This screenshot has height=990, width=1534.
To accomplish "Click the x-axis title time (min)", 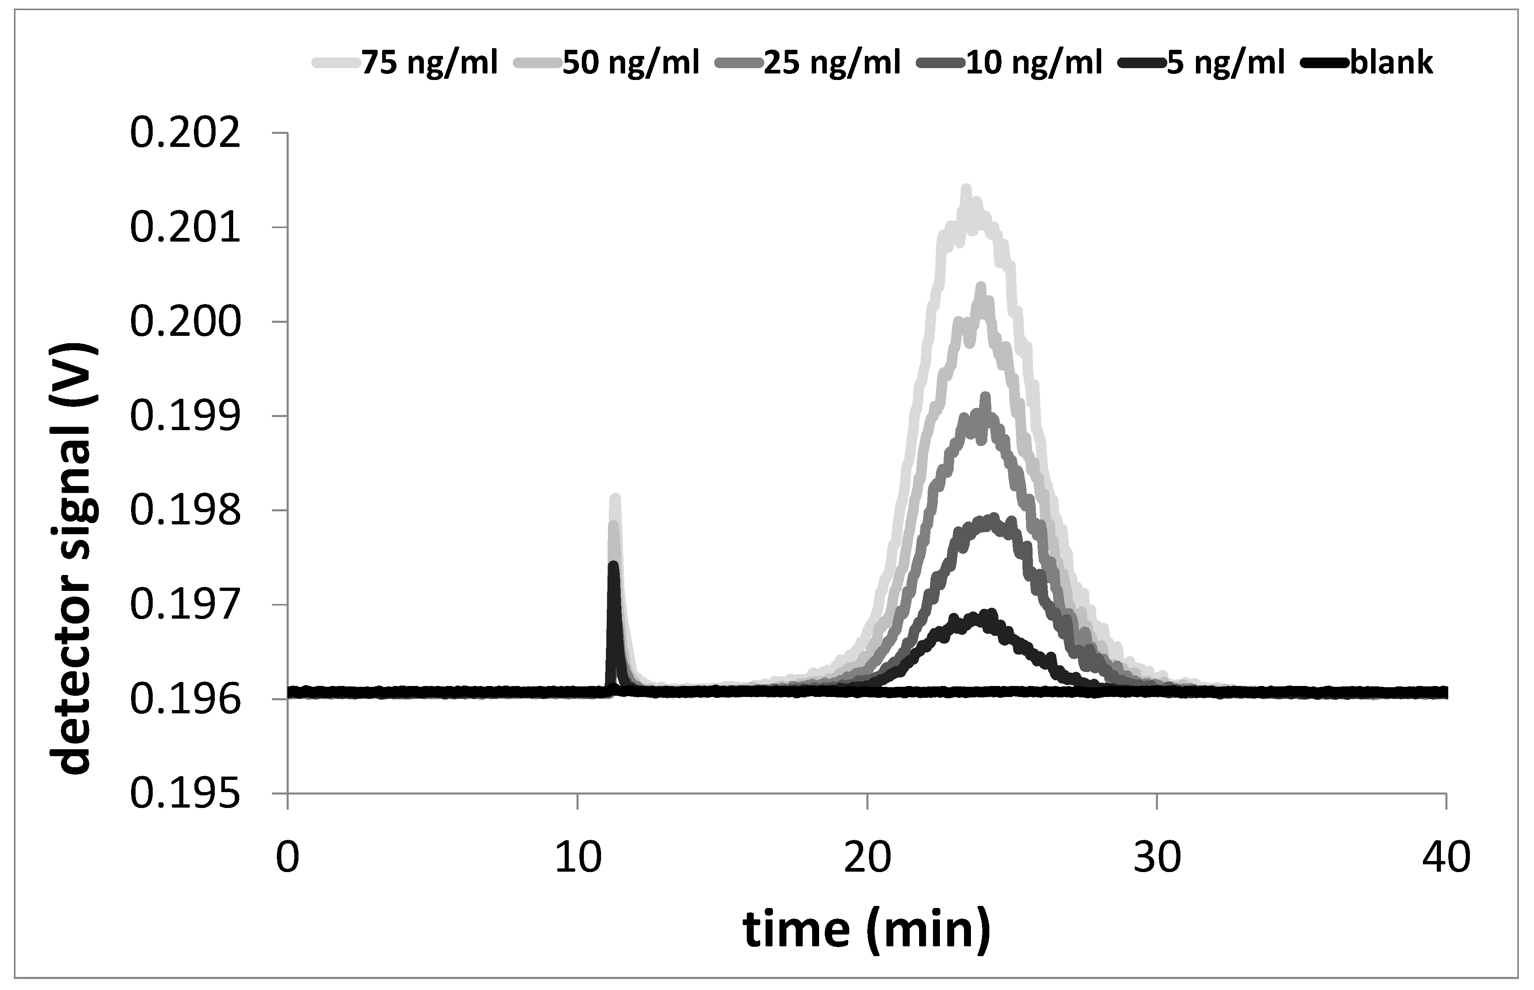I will (x=866, y=930).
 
